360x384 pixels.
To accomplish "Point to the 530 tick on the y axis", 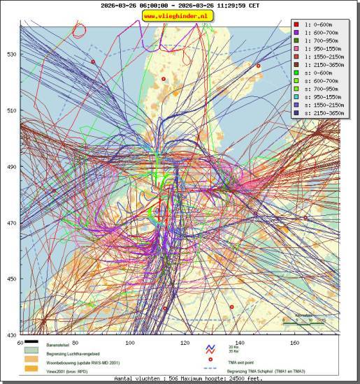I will coord(11,54).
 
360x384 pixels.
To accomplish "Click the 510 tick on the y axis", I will coord(11,110).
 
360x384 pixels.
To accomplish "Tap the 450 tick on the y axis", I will coord(11,279).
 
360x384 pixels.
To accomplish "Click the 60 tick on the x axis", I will coord(20,343).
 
